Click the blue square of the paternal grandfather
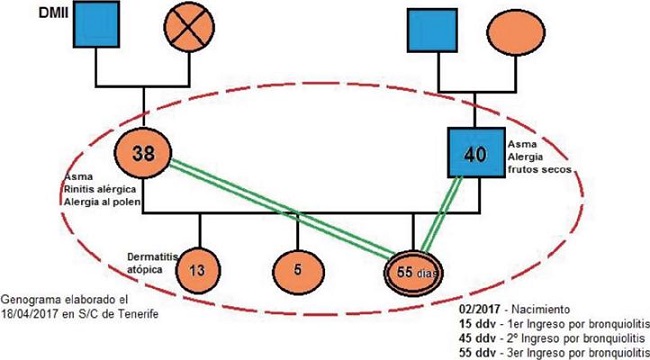[431, 32]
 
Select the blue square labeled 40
[474, 155]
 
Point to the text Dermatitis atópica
[150, 262]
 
